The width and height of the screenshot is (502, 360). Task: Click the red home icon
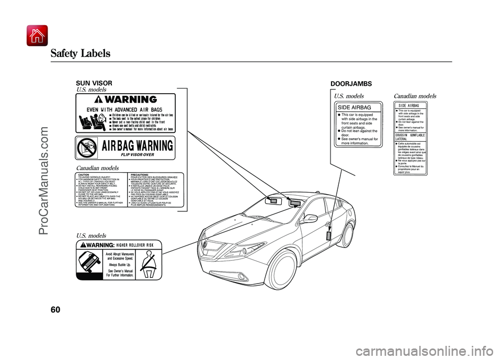point(37,36)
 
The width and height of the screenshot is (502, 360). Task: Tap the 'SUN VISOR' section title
point(87,83)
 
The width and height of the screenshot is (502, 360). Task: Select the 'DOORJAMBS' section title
point(351,83)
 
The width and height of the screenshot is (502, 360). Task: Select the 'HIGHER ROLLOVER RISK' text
point(135,245)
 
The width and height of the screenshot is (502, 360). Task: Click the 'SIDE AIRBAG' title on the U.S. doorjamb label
point(354,107)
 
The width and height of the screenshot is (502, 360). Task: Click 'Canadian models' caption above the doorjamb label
point(414,96)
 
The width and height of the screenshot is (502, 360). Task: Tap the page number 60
point(56,310)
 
